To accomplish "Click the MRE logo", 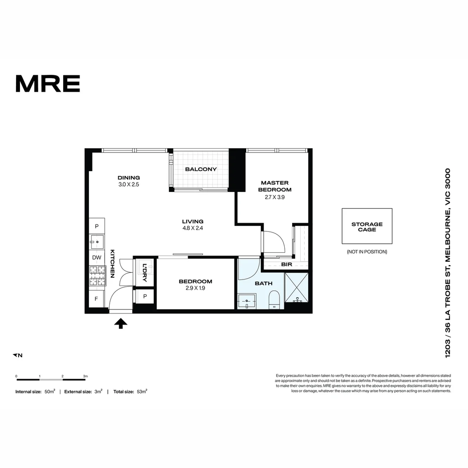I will (48, 84).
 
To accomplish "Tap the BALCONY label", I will (201, 169).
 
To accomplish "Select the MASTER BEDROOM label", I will (275, 186).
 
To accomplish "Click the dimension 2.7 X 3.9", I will (275, 197).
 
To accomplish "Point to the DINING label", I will (129, 177).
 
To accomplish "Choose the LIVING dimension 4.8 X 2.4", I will (193, 228).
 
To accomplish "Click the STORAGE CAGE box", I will (367, 226).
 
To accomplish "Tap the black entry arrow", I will (120, 323).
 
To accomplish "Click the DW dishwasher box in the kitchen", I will (97, 257).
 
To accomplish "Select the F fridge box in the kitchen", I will (97, 299).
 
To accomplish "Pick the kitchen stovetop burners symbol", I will (97, 276).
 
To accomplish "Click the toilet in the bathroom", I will (274, 300).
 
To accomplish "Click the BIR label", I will (286, 264).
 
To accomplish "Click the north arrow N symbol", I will (17, 355).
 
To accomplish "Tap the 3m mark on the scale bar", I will (85, 376).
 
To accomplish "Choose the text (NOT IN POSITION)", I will (367, 252).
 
